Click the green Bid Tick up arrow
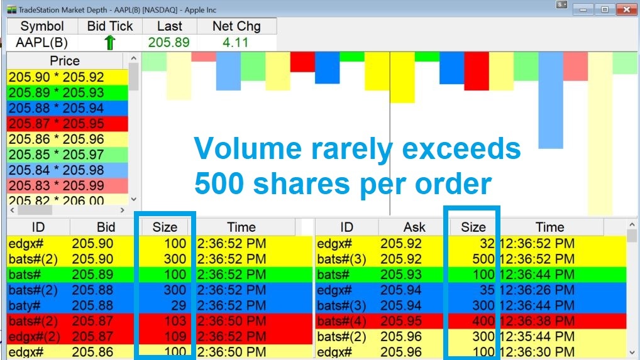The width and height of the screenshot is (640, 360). pyautogui.click(x=110, y=42)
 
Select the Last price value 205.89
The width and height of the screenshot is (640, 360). pyautogui.click(x=169, y=42)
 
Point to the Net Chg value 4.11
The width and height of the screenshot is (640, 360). pyautogui.click(x=236, y=42)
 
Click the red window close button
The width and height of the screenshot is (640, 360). pyautogui.click(x=627, y=9)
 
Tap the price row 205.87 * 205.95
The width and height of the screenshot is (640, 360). pyautogui.click(x=67, y=124)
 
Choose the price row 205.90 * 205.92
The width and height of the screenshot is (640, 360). pyautogui.click(x=67, y=77)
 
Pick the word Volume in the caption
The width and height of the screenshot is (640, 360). pyautogui.click(x=248, y=148)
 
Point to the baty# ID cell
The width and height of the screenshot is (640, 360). pyautogui.click(x=25, y=305)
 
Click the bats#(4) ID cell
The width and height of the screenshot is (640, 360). pyautogui.click(x=341, y=321)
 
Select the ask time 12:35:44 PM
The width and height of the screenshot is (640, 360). pyautogui.click(x=537, y=336)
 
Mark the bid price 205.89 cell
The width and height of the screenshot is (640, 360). pyautogui.click(x=92, y=275)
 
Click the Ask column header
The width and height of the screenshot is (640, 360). pyautogui.click(x=414, y=227)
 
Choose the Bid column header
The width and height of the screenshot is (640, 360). pyautogui.click(x=106, y=227)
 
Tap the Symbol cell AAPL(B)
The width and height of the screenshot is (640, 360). pyautogui.click(x=41, y=42)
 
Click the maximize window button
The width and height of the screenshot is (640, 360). pyautogui.click(x=605, y=9)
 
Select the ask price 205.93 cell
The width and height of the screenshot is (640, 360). pyautogui.click(x=401, y=275)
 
